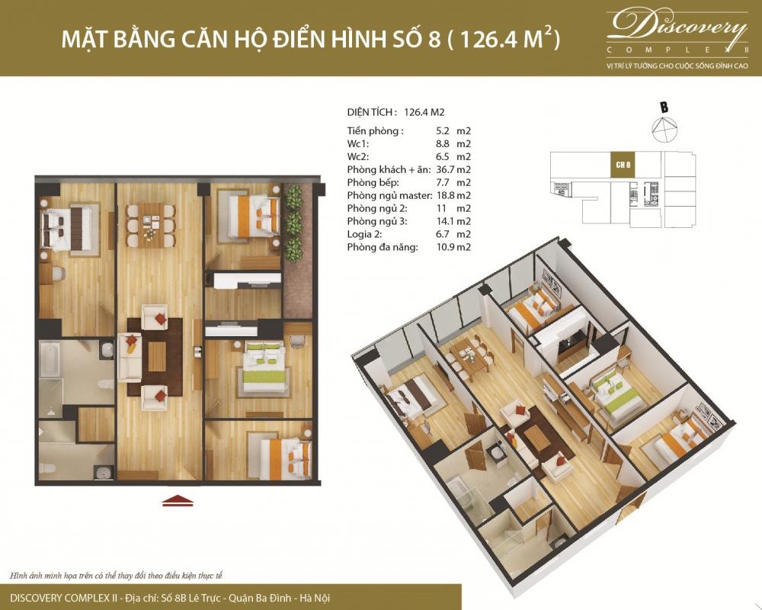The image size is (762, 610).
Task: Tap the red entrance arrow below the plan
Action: pyautogui.click(x=178, y=500)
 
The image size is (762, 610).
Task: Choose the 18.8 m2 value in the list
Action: pyautogui.click(x=455, y=195)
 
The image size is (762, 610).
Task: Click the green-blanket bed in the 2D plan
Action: pyautogui.click(x=264, y=366)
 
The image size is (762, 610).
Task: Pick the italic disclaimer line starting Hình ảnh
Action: pyautogui.click(x=114, y=574)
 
